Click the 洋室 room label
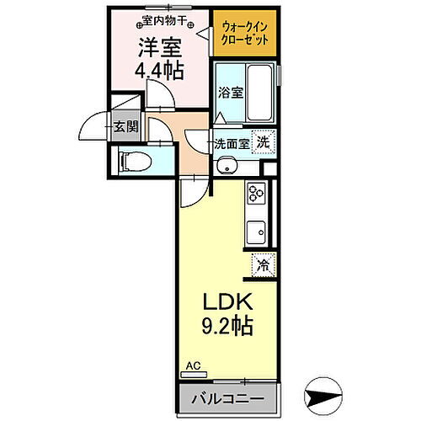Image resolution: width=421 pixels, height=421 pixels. click(x=157, y=47)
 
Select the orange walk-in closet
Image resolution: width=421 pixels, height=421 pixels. click(x=242, y=34)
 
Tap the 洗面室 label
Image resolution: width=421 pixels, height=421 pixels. click(x=231, y=144)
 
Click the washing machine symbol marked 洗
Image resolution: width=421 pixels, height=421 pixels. click(x=264, y=144)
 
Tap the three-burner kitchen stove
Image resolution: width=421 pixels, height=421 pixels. click(x=256, y=195)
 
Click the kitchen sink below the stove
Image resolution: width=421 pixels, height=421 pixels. click(x=256, y=230)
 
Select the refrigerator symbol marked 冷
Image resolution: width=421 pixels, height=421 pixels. click(x=263, y=266)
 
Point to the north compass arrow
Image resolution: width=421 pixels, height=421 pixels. click(x=324, y=392)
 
